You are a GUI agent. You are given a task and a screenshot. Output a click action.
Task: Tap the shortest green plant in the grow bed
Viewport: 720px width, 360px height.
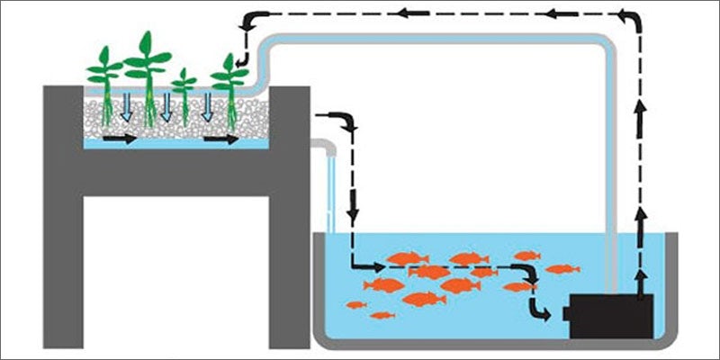click(x=184, y=90)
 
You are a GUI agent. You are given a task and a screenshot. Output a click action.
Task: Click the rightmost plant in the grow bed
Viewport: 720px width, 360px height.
click(x=229, y=81)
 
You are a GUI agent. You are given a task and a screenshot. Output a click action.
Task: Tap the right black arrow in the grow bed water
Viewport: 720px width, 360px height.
click(x=220, y=139)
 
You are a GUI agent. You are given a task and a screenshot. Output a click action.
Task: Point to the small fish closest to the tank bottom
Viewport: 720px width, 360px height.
click(x=382, y=315)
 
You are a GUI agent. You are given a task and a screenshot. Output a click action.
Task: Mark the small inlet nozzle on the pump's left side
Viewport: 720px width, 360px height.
click(x=565, y=313)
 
